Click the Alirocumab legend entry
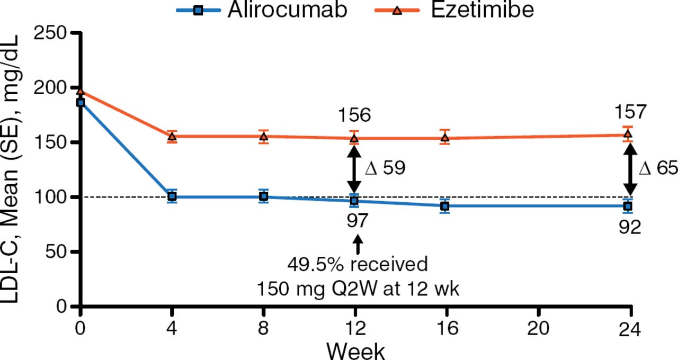[x=262, y=10]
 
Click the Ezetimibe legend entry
[x=450, y=10]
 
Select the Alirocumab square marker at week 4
[x=172, y=197]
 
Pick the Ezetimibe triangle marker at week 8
[x=263, y=137]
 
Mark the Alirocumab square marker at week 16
[x=445, y=206]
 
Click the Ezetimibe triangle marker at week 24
[x=628, y=134]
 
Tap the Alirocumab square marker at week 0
[x=81, y=102]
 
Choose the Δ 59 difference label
[x=385, y=168]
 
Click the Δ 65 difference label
[x=657, y=168]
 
